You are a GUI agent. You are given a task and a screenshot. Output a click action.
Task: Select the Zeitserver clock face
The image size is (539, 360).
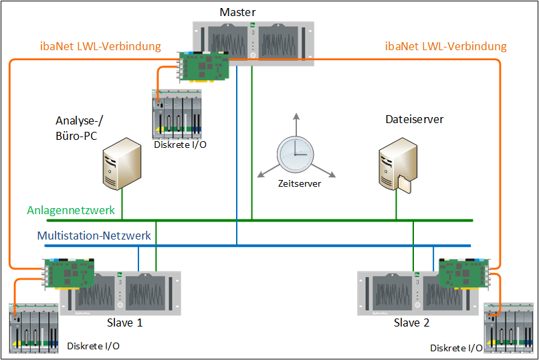(x=295, y=155)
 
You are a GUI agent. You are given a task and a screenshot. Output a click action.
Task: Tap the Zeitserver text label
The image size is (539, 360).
(x=300, y=182)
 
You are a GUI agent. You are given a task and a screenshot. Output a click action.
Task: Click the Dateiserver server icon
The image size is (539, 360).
(x=395, y=164)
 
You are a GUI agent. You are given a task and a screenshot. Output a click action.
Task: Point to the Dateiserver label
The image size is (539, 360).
(x=415, y=120)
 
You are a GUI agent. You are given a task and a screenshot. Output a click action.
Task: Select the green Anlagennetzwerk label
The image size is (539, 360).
(x=71, y=210)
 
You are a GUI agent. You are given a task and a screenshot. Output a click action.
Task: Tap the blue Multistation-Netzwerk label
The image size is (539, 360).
(x=94, y=236)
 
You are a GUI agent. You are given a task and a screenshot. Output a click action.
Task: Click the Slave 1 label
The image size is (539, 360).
(x=124, y=323)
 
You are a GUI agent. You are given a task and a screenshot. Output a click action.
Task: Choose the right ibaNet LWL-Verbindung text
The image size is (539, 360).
(x=446, y=47)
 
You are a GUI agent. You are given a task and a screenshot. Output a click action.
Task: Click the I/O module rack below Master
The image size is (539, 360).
(x=177, y=114)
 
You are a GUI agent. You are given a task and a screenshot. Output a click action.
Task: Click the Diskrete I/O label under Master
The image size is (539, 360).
(x=180, y=144)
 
